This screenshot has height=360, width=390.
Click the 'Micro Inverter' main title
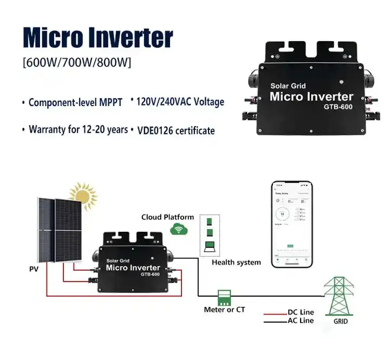98,37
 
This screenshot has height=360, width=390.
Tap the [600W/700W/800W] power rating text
77,63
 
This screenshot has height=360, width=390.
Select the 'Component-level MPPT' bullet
75,102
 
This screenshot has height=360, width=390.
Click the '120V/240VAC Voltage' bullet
180,101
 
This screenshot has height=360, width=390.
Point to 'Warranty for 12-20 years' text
78,130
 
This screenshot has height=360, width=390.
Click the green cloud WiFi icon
177,230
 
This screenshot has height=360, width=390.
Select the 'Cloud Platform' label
167,217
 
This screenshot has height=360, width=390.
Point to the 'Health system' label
236,263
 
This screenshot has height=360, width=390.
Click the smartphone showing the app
292,224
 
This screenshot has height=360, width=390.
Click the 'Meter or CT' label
225,310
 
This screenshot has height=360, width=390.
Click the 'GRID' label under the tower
341,322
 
